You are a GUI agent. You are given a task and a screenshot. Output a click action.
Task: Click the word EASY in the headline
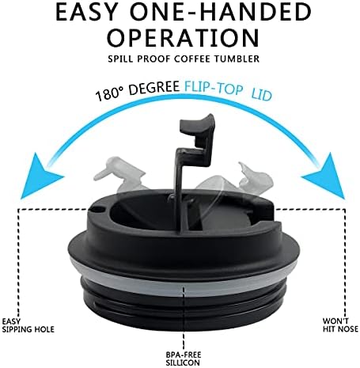point(86,13)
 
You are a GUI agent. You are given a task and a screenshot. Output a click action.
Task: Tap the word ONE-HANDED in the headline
point(221,13)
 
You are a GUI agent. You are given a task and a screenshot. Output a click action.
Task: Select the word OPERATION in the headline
point(183,38)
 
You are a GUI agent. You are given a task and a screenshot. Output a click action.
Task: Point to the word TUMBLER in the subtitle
point(237,59)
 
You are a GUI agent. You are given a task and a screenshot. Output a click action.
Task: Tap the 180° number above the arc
point(109,93)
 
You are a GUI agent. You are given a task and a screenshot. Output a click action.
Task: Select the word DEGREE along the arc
point(153,87)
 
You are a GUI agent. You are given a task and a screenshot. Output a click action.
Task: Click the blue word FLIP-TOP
point(214,87)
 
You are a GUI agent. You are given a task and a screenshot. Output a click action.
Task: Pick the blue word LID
point(261,95)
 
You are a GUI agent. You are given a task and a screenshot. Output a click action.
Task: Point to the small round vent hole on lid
point(98,210)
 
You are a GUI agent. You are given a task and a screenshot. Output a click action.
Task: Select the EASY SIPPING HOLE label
point(28,325)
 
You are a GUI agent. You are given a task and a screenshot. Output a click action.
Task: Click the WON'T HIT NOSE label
point(340,324)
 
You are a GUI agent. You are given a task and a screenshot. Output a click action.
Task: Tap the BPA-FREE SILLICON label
point(183,359)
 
